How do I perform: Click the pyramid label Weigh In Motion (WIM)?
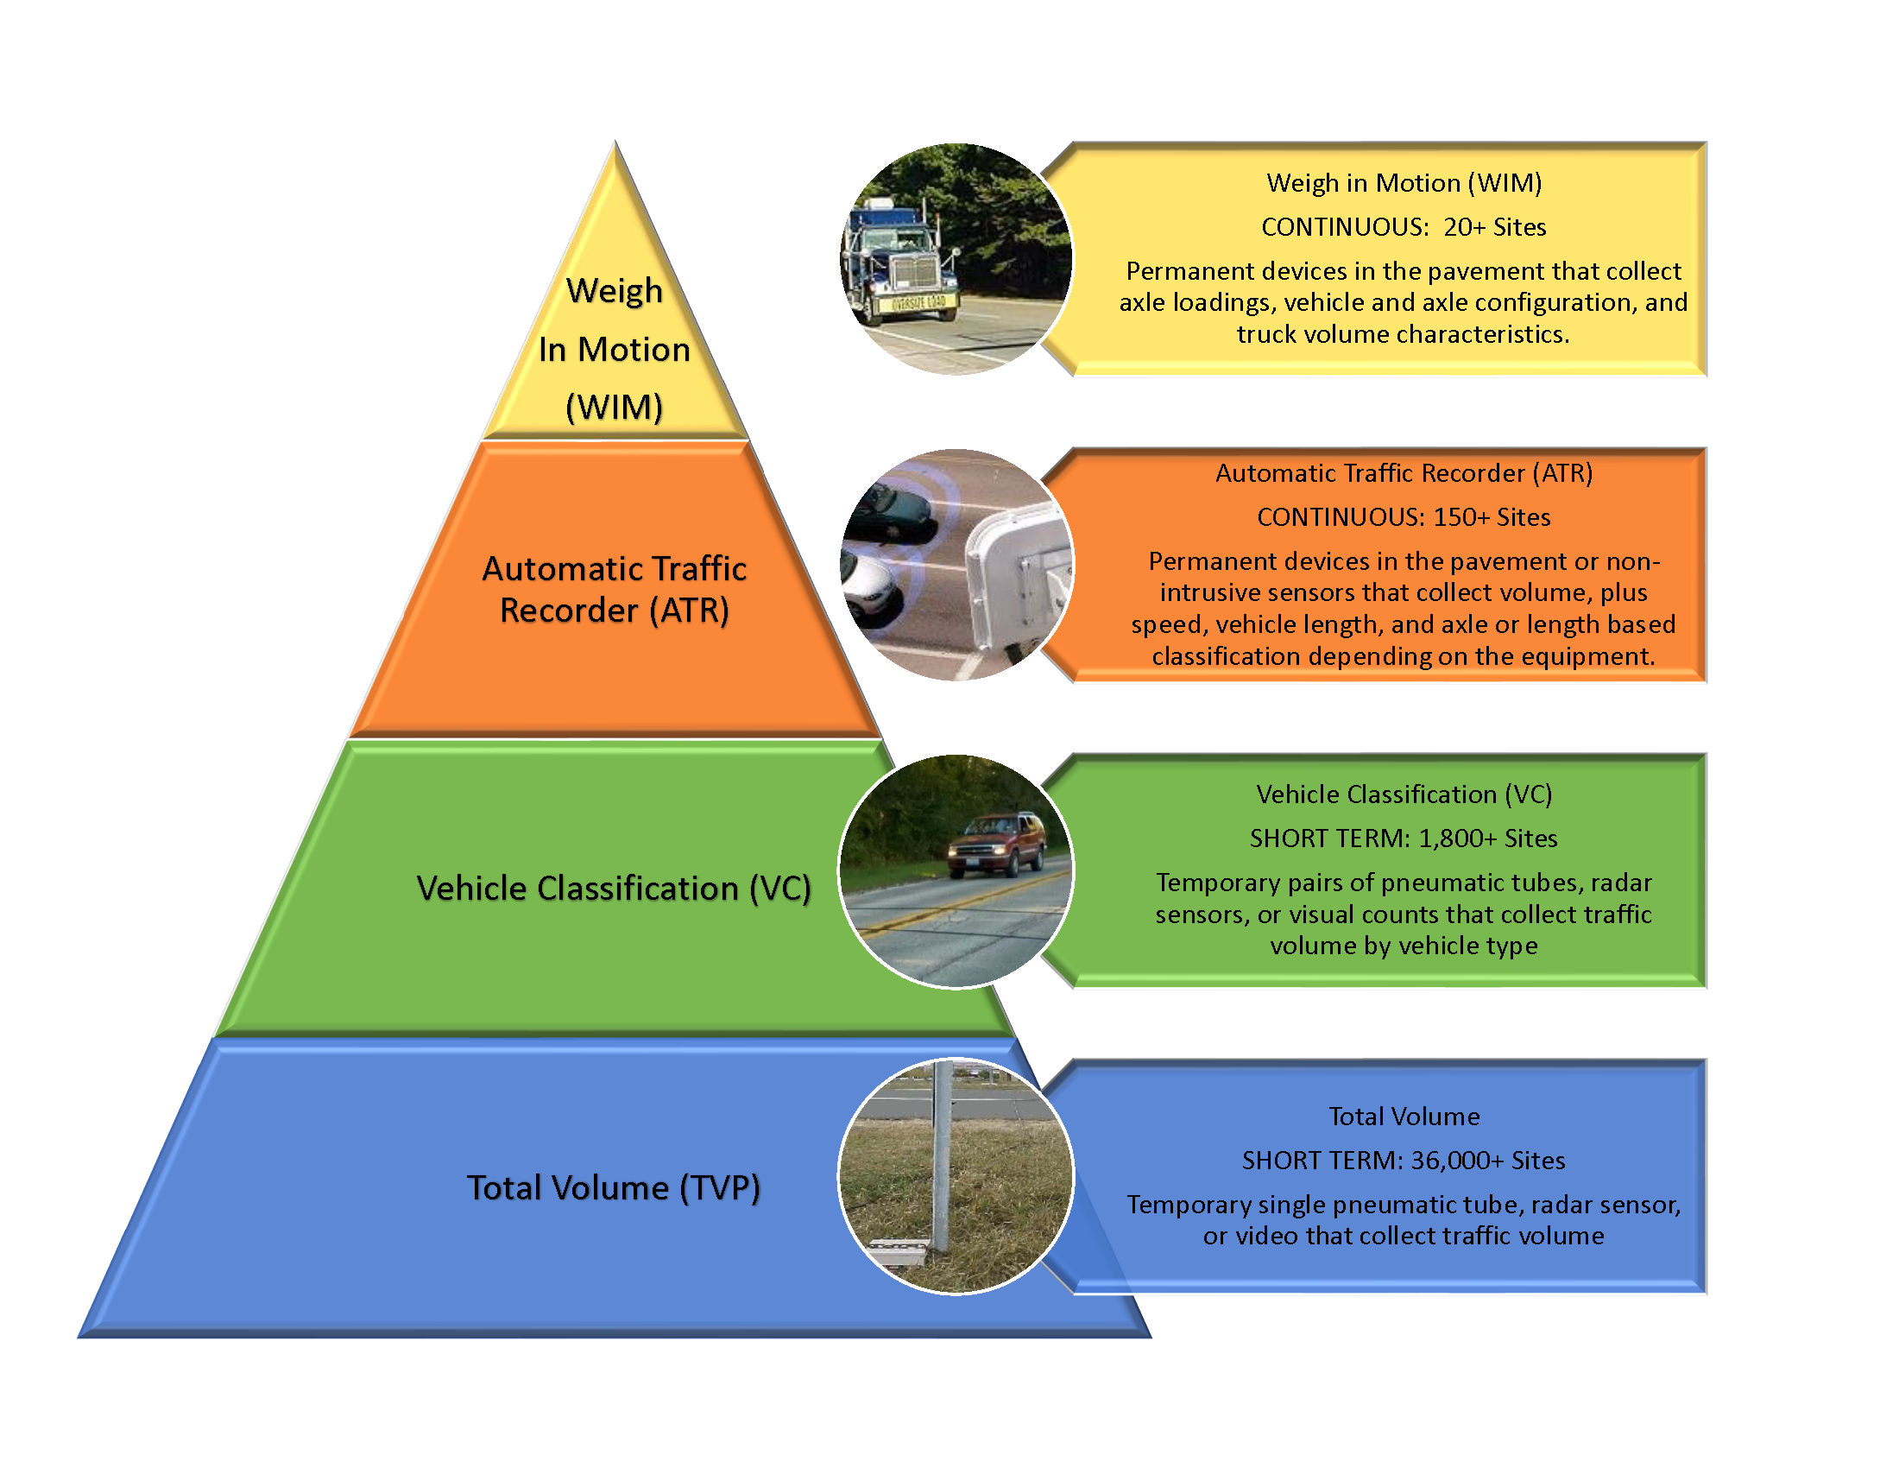[614, 348]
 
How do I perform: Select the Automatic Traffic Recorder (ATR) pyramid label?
[614, 590]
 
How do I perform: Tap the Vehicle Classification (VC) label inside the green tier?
[614, 888]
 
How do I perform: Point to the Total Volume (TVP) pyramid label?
[614, 1187]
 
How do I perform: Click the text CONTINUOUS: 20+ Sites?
[1404, 227]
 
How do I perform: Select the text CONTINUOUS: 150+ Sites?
[1404, 517]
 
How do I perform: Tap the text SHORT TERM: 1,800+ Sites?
[1404, 838]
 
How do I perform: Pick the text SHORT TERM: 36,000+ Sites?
[1404, 1160]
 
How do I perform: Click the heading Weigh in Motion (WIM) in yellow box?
[1404, 182]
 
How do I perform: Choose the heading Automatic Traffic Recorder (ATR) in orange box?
[1404, 473]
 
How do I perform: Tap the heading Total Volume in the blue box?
[1404, 1117]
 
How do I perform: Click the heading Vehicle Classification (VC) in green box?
[1404, 794]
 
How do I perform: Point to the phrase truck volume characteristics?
[1404, 334]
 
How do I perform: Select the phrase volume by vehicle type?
[1404, 946]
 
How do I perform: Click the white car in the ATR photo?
[869, 587]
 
